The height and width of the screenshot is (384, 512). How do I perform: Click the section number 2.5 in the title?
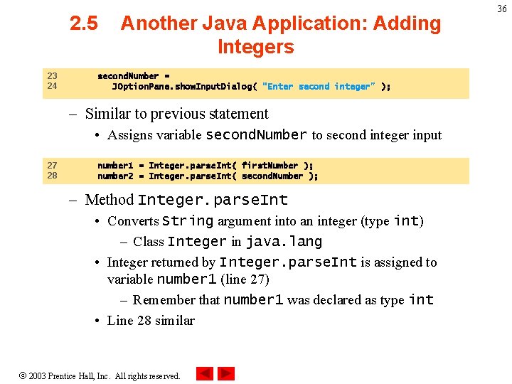tap(84, 23)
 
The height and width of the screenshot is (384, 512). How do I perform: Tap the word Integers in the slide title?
tap(255, 48)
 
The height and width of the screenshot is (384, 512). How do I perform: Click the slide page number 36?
tap(502, 9)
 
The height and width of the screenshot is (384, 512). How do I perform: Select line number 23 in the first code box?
tap(52, 76)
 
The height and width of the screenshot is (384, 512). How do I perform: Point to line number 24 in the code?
tap(52, 86)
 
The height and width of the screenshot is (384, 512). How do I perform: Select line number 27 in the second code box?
tap(52, 166)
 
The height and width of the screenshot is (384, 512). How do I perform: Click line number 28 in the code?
tap(52, 176)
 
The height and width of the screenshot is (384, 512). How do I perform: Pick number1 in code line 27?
tap(115, 166)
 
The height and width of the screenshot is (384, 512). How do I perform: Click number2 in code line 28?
tap(115, 176)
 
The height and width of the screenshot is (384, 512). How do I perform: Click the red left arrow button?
tap(205, 373)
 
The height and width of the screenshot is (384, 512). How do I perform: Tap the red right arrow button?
tap(226, 373)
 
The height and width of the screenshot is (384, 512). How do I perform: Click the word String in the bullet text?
tap(187, 221)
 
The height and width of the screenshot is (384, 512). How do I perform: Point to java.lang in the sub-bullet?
tap(284, 242)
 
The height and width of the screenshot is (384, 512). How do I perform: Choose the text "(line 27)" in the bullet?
tap(245, 279)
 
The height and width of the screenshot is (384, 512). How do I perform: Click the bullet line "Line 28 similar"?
tap(150, 321)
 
